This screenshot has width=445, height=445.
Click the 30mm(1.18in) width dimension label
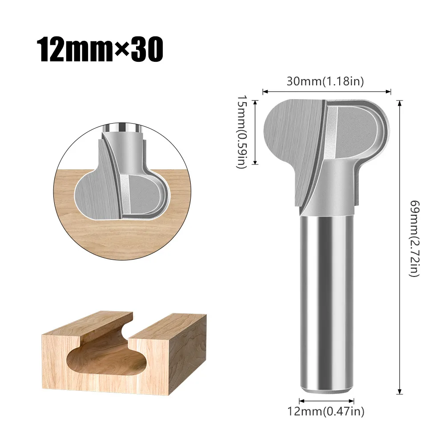click(x=326, y=81)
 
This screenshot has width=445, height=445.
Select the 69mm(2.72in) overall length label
click(x=414, y=238)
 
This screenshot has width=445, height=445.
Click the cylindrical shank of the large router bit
click(x=327, y=302)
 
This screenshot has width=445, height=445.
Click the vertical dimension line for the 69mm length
click(x=401, y=247)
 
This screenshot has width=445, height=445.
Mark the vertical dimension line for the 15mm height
click(x=256, y=132)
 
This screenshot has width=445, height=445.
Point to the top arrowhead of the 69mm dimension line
click(x=401, y=103)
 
